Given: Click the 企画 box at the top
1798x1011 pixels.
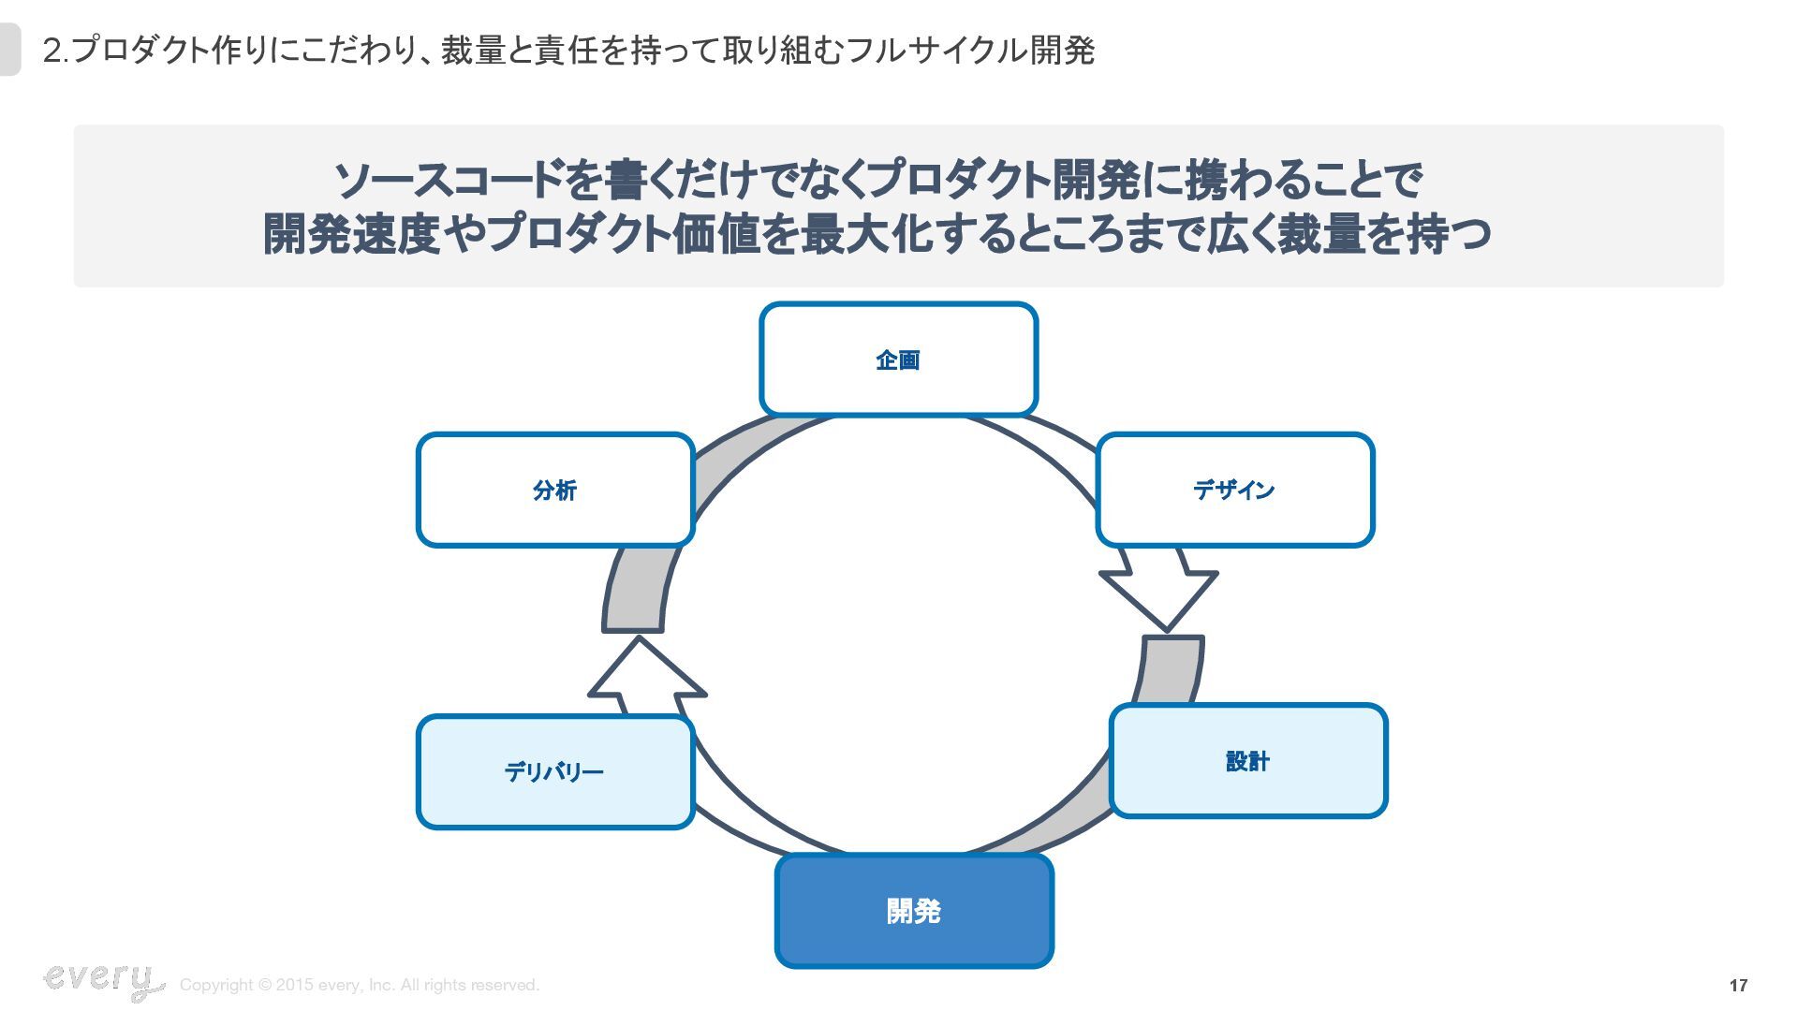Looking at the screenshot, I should click(898, 359).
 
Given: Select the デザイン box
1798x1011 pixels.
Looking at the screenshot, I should click(1234, 490).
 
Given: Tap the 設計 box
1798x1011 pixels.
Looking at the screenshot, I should click(1247, 761).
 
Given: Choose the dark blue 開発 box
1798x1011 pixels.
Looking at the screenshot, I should click(914, 911).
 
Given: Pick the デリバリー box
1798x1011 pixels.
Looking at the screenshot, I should click(554, 772).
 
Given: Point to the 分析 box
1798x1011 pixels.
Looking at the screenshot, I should click(554, 490).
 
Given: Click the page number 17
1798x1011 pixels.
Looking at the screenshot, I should click(1738, 985).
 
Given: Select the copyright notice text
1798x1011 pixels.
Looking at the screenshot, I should click(360, 985).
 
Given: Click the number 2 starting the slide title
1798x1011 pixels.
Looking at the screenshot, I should click(52, 51).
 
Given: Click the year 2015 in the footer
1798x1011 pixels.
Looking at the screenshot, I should click(294, 985).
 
